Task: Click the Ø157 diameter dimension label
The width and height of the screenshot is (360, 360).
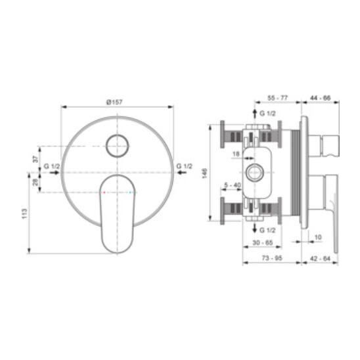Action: click(x=114, y=102)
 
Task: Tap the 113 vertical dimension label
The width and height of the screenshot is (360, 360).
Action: click(x=24, y=214)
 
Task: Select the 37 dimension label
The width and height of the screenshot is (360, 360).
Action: click(x=36, y=159)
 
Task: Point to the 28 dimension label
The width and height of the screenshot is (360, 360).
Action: click(x=35, y=183)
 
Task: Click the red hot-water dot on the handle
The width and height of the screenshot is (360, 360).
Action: click(x=104, y=192)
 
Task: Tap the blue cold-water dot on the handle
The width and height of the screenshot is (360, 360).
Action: click(x=131, y=192)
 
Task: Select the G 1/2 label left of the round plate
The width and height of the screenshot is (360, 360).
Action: click(x=51, y=166)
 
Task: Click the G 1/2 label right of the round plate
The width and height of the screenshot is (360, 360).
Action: click(x=184, y=166)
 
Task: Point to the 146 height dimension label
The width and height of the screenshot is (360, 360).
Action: click(x=204, y=173)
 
